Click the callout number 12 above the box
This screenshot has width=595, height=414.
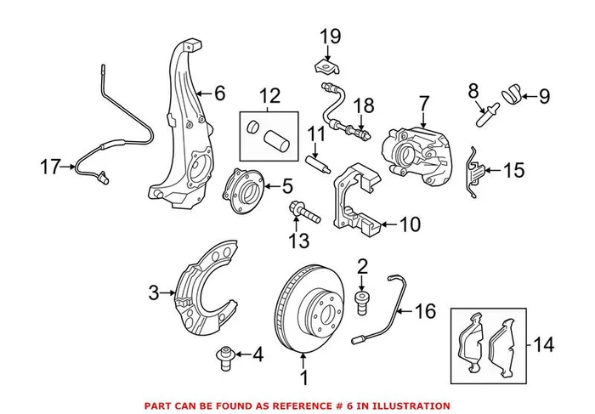[x=269, y=97]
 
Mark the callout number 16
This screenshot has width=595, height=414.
[x=426, y=314]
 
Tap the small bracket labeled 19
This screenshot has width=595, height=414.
[x=325, y=65]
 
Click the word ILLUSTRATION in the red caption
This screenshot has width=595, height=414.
[x=405, y=405]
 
